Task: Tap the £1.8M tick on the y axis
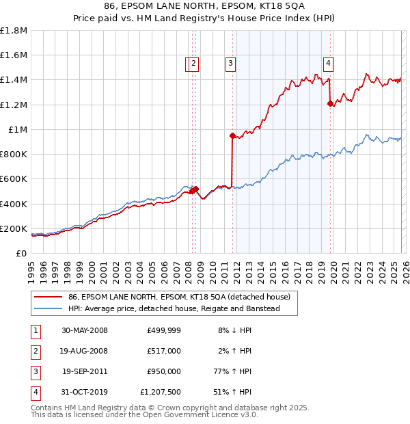14,31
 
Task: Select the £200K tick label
14,228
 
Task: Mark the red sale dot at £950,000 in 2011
232,135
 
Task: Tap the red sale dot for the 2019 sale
330,104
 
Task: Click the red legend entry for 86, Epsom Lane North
179,297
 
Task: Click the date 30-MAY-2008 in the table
85,330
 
